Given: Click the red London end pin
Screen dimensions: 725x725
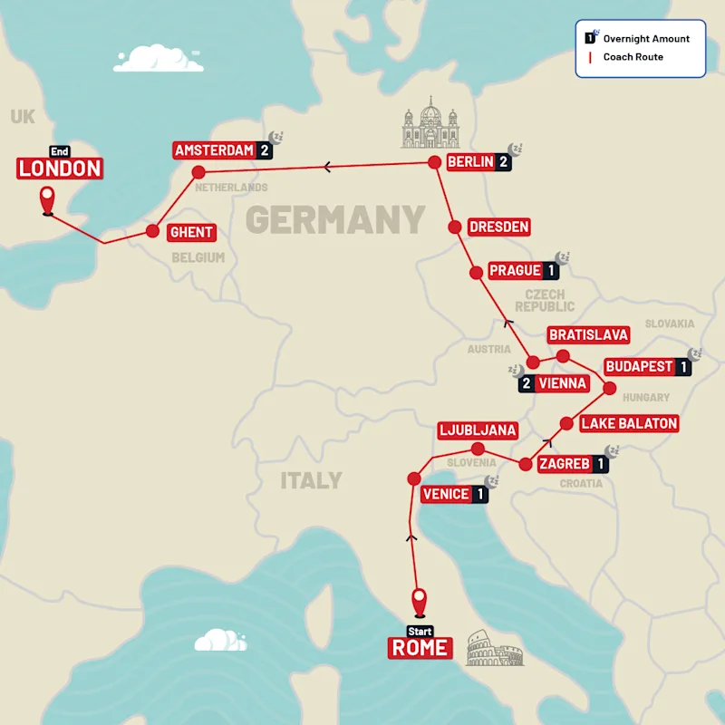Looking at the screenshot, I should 47,199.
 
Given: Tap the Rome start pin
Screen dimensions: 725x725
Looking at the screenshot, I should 419,602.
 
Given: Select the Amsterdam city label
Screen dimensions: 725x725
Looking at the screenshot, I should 214,150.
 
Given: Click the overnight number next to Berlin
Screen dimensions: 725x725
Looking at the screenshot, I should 503,162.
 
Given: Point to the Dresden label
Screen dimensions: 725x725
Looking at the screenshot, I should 498,227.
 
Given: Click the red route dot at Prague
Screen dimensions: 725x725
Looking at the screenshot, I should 475,272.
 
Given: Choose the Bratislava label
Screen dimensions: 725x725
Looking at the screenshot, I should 588,335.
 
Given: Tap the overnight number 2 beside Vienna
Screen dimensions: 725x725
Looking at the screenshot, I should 526,383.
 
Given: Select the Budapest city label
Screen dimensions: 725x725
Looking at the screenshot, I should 639,367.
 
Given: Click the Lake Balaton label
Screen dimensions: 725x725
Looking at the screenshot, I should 629,423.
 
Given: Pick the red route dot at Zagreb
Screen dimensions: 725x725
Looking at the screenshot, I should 525,465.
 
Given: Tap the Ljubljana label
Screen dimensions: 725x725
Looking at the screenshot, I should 477,430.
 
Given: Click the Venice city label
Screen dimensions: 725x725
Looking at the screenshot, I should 446,494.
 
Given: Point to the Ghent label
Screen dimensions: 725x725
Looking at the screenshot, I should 191,232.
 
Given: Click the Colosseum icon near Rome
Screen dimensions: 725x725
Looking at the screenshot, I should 494,650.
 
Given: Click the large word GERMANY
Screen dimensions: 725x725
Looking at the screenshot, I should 335,219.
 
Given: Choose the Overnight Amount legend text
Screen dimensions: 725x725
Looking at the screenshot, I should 646,39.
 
